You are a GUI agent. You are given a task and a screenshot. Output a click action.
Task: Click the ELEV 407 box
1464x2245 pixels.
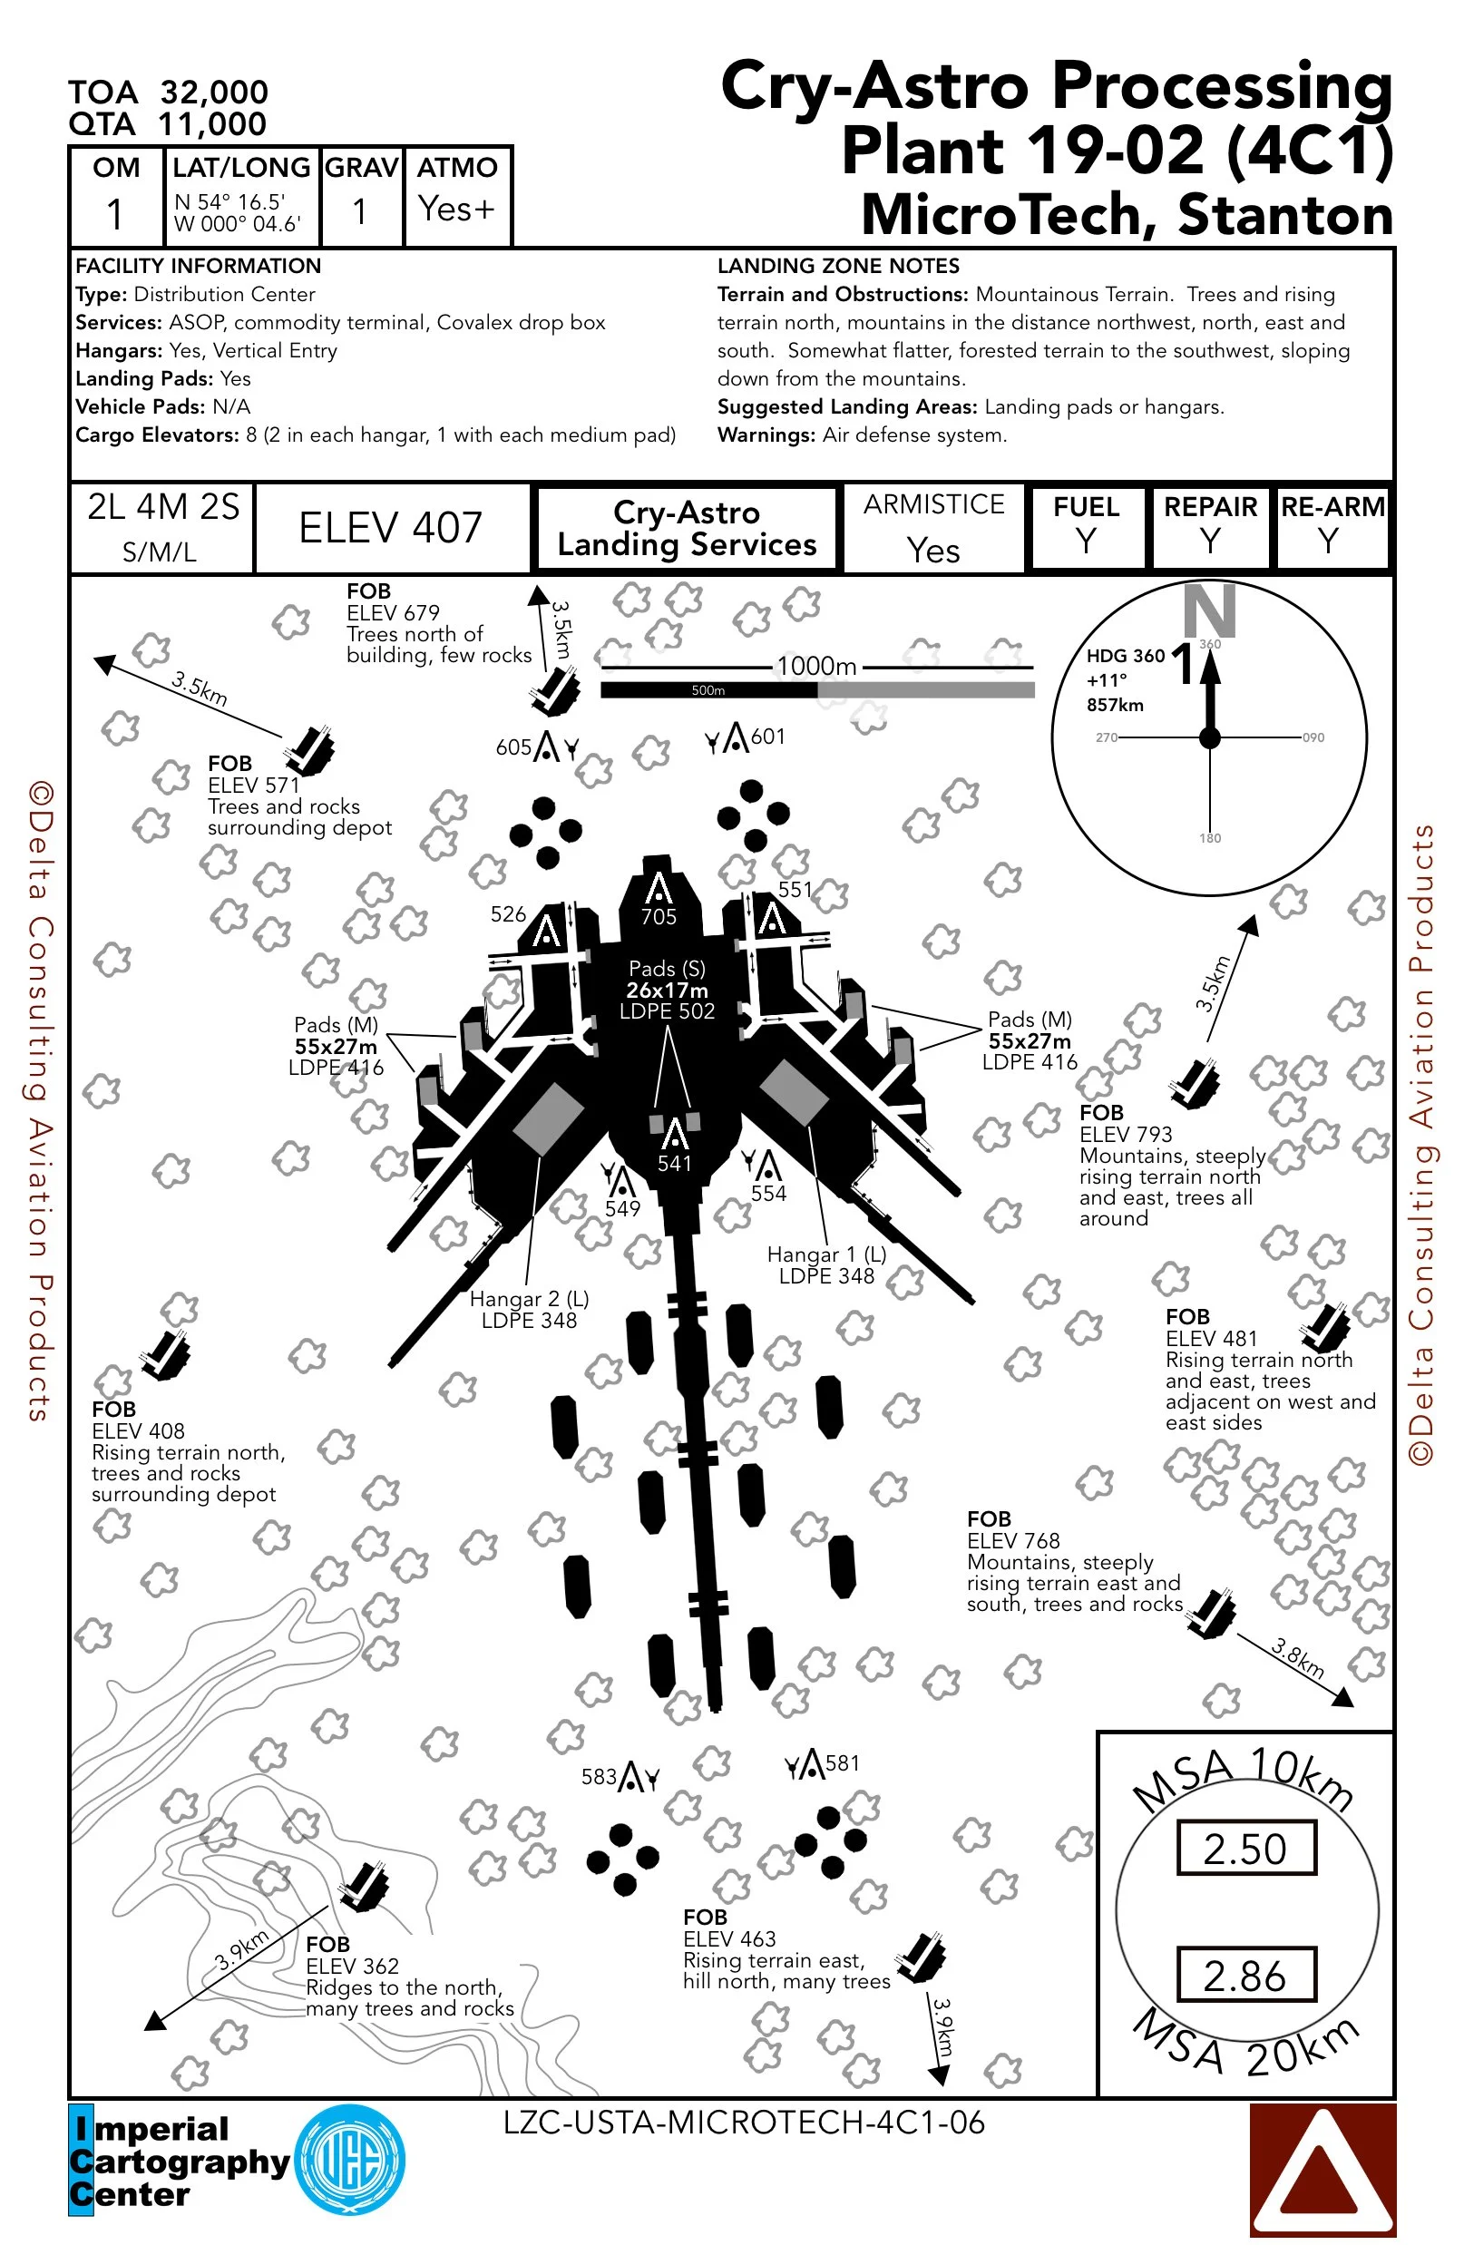[x=391, y=527]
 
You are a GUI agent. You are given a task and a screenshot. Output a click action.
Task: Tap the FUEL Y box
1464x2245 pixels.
[x=1087, y=526]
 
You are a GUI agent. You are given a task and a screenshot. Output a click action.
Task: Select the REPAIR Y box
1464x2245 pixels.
[x=1210, y=526]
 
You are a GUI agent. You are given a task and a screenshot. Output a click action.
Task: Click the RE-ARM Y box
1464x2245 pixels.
[x=1331, y=526]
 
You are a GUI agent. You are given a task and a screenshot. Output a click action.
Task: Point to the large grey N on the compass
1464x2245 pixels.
[x=1209, y=610]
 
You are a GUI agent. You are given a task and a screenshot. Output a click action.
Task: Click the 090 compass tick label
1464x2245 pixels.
[x=1313, y=737]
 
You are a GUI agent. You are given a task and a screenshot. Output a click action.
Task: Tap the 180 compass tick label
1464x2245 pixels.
[x=1210, y=837]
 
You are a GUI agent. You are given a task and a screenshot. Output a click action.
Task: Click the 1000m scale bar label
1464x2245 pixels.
[x=817, y=667]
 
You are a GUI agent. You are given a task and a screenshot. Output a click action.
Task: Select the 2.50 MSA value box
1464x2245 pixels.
[x=1245, y=1849]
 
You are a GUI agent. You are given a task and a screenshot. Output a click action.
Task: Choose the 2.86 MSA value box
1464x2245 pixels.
[x=1245, y=1976]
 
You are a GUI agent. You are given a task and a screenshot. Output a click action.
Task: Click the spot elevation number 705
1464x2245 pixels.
[x=659, y=916]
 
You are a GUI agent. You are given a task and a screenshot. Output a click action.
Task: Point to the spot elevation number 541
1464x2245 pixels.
[x=675, y=1163]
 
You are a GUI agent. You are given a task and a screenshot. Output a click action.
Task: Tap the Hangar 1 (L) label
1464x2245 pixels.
[x=826, y=1254]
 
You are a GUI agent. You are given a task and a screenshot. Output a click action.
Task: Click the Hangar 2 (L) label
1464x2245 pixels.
[x=529, y=1299]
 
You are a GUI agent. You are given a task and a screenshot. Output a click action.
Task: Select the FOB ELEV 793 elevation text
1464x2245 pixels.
[x=1127, y=1134]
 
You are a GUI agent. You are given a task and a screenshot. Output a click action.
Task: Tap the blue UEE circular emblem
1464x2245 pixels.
[x=350, y=2161]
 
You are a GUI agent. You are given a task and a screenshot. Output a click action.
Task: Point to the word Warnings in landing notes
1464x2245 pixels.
[x=766, y=434]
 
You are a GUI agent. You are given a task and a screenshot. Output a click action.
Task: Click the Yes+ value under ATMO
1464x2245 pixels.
[x=456, y=209]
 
